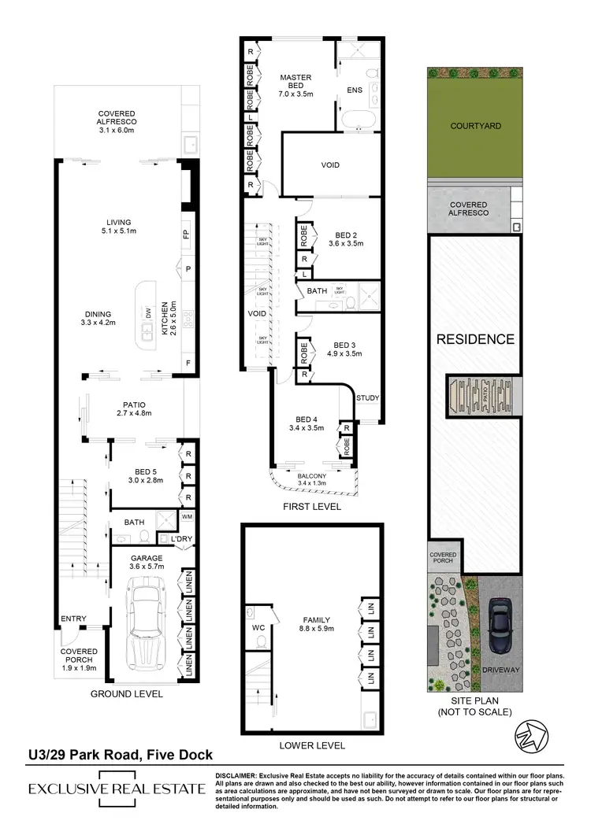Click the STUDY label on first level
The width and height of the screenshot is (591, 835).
[367, 398]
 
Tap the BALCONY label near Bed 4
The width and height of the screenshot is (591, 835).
[313, 476]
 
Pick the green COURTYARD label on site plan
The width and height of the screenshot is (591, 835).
[475, 126]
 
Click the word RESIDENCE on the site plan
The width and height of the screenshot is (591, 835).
[475, 340]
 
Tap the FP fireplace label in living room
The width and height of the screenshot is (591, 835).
[187, 235]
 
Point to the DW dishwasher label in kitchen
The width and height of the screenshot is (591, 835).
[147, 313]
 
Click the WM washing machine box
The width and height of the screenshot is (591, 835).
[187, 517]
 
